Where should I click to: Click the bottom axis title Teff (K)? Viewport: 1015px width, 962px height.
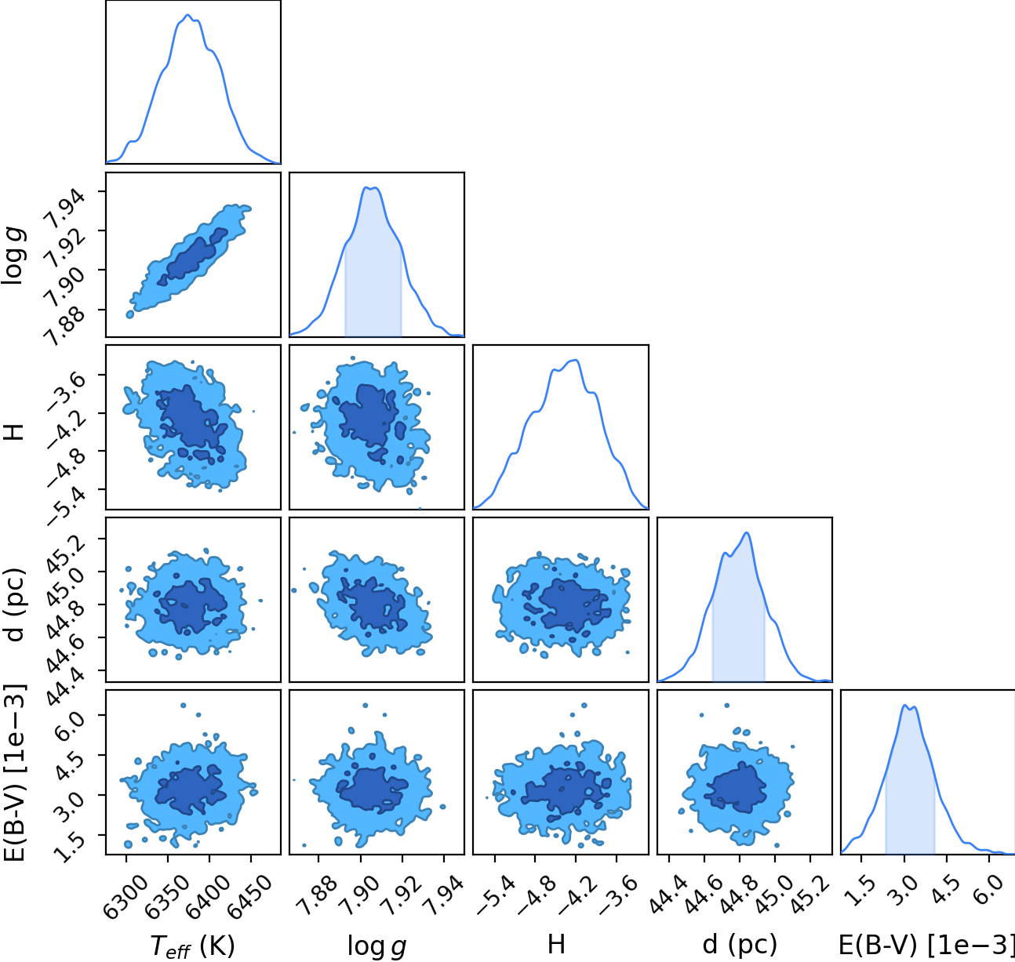coord(193,946)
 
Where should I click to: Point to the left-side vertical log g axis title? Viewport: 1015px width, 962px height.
coord(13,256)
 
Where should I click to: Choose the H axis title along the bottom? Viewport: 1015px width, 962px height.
coord(556,945)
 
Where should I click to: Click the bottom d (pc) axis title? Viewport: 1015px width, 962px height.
coord(740,945)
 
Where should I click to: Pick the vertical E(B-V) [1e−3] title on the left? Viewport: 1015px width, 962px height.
coord(14,773)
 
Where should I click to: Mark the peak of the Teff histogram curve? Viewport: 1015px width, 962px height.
coord(188,15)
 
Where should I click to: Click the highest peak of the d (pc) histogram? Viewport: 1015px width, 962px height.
coord(747,532)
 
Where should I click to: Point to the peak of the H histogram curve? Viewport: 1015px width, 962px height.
coord(576,360)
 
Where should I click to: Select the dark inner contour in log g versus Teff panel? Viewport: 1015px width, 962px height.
coord(191,256)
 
